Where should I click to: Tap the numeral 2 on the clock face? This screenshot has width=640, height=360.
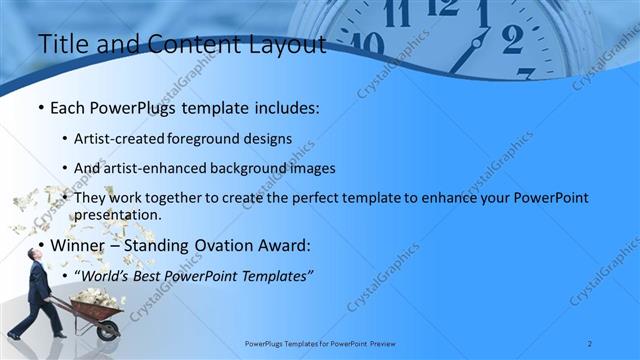(512, 39)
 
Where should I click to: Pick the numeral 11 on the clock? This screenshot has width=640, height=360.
(397, 14)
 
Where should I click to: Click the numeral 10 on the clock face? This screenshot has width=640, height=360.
(366, 44)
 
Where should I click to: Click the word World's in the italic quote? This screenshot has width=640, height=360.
(111, 273)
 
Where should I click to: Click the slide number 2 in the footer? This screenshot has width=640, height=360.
(590, 344)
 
